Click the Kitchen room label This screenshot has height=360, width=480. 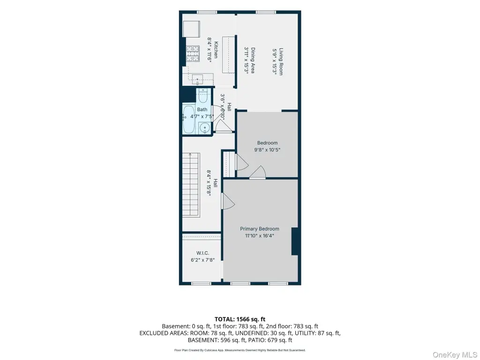point(216,50)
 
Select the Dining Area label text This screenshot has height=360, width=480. point(253,60)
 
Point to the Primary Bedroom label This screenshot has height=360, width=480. point(260,229)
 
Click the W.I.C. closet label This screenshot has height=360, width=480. point(202,253)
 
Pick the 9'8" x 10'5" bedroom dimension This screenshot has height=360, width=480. point(267,150)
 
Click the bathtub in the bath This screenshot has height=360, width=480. point(188,120)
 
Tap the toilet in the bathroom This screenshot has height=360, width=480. point(203,96)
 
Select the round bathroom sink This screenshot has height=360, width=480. point(204,127)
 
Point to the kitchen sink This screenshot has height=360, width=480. point(197,80)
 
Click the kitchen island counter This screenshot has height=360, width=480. point(229,55)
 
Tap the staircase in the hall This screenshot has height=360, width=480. point(191,185)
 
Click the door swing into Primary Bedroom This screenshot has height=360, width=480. point(228,201)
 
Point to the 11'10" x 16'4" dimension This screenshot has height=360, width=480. point(260,236)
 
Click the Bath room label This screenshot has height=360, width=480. point(202,109)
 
